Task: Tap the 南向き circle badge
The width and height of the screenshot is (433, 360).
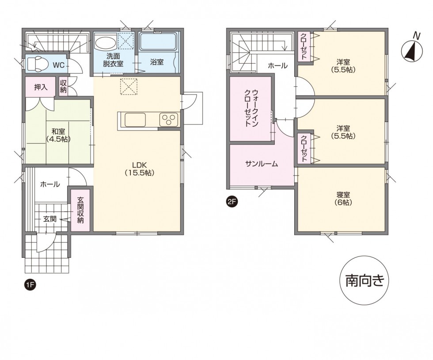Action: click(365, 280)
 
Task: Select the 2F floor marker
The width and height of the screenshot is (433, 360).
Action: click(232, 203)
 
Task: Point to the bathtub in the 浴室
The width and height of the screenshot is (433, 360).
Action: click(157, 43)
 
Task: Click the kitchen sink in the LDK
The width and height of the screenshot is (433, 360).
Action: click(135, 120)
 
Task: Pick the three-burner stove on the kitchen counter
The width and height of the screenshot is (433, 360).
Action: click(169, 120)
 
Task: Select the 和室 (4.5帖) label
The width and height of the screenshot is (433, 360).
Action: click(59, 135)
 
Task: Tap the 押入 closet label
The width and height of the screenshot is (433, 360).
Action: click(41, 87)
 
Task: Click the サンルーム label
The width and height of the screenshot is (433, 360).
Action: click(262, 164)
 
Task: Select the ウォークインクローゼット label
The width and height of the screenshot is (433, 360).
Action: click(251, 109)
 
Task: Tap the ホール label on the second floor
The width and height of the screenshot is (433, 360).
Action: click(277, 66)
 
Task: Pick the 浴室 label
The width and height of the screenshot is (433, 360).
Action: click(157, 62)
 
